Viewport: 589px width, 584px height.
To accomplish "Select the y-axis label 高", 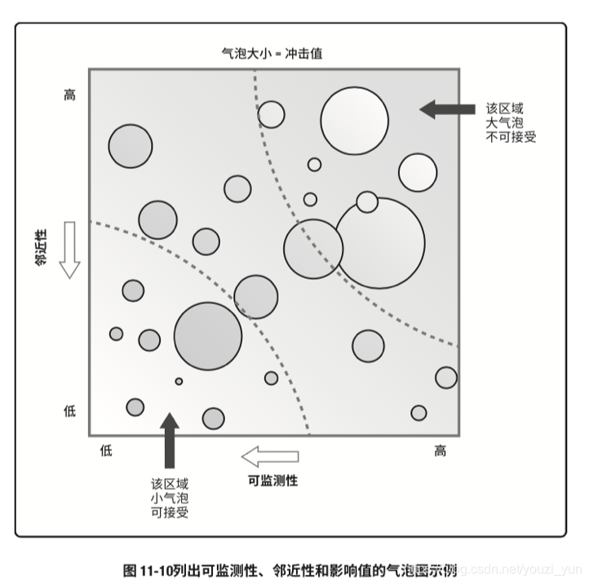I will click(x=69, y=95).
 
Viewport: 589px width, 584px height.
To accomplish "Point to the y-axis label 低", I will click(x=69, y=410).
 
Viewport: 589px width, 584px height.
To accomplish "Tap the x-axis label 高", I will click(x=441, y=451).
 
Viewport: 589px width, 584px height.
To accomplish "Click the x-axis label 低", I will click(x=106, y=451).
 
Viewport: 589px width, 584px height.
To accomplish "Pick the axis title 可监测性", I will click(x=272, y=480).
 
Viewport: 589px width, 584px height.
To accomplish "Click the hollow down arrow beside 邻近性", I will click(x=69, y=249).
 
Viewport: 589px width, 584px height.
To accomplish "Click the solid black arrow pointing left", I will click(x=446, y=109).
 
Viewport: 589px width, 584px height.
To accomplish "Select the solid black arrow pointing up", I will click(x=169, y=440).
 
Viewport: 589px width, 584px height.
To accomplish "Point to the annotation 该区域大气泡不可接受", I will click(x=511, y=122).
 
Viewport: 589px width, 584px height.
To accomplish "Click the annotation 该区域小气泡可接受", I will click(x=170, y=498).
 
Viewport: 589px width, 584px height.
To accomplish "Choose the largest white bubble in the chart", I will click(x=380, y=242).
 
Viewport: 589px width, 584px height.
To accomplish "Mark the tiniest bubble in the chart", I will click(x=179, y=381).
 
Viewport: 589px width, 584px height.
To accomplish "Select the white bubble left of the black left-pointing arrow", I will click(x=354, y=121).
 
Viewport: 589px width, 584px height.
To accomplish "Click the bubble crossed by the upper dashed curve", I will click(x=313, y=249).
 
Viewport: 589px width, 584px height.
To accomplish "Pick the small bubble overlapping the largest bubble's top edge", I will click(x=367, y=201).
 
